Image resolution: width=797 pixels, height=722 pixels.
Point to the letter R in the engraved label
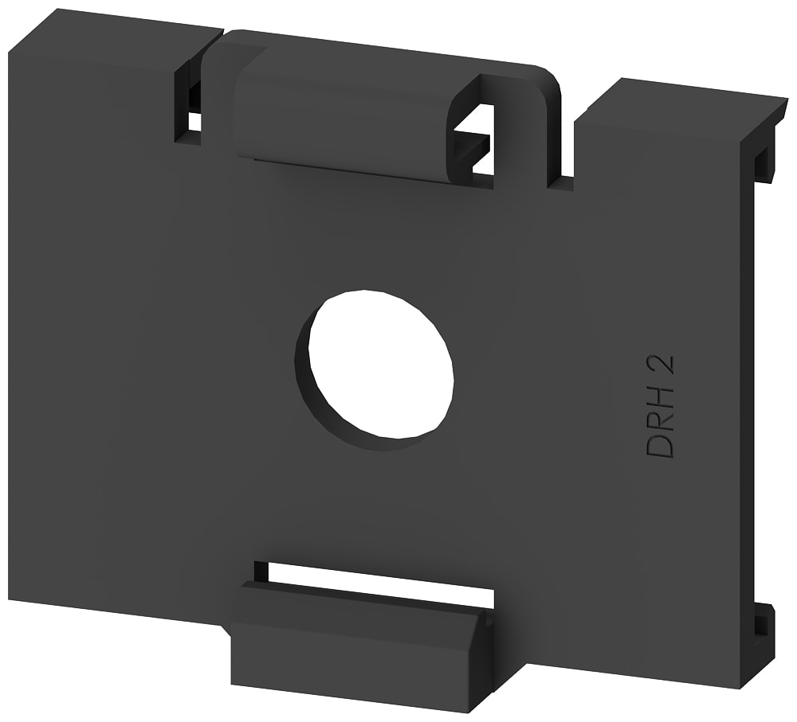tap(661, 420)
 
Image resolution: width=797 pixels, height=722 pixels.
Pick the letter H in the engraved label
tap(661, 396)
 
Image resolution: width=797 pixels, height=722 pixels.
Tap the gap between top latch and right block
tap(566, 151)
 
